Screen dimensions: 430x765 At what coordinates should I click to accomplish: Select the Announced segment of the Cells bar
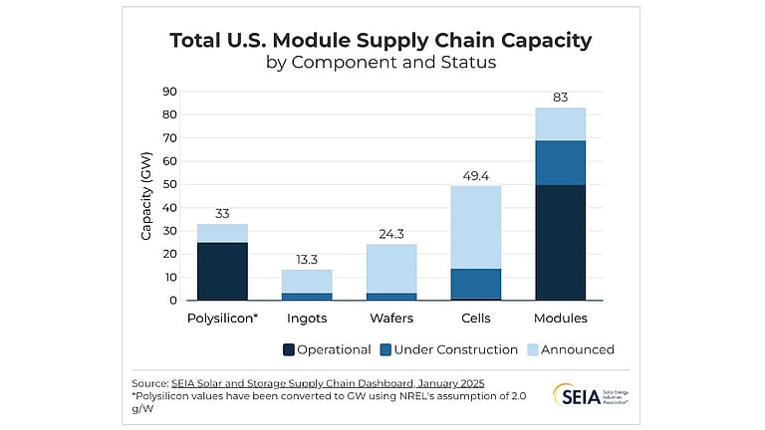[475, 227]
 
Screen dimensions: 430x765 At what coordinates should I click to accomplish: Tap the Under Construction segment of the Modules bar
[560, 162]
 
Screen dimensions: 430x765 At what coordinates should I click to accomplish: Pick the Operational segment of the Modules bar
[560, 242]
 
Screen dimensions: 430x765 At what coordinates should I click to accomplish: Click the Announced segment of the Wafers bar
[391, 268]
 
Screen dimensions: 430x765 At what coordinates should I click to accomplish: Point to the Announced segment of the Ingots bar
[307, 281]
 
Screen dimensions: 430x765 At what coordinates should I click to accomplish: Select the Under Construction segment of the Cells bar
[475, 284]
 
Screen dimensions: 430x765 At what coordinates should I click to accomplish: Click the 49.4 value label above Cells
[475, 176]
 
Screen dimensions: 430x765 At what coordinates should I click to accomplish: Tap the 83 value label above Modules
[560, 98]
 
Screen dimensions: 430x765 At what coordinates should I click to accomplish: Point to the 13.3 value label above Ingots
[307, 260]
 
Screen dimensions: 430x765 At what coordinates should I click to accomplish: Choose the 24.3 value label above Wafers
[391, 234]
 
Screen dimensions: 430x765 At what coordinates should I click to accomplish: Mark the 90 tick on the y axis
[169, 92]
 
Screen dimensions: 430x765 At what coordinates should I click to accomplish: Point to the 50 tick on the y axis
[169, 184]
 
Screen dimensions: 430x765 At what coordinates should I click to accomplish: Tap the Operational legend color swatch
[290, 349]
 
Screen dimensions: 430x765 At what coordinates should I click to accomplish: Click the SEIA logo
[589, 394]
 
